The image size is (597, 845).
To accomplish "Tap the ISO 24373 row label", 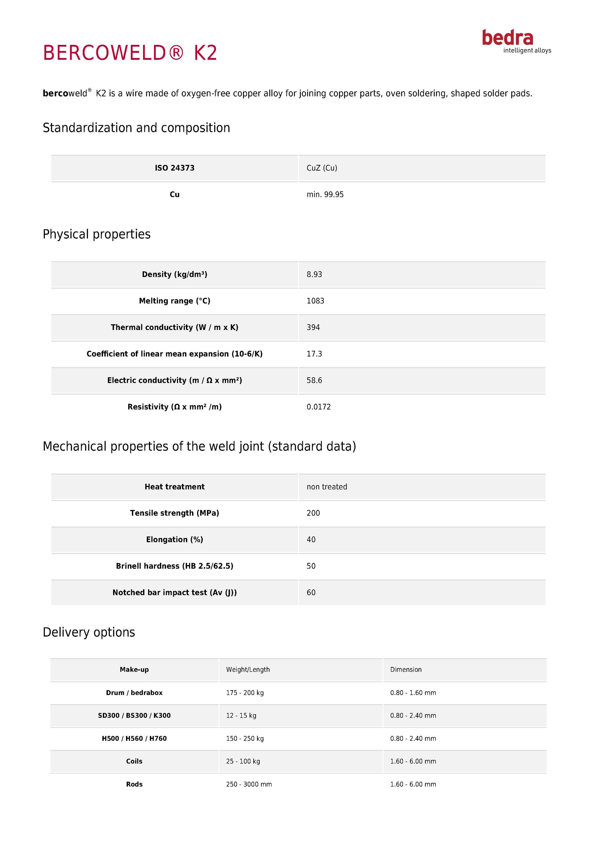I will point(174,168).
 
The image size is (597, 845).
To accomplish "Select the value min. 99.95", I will point(325,194).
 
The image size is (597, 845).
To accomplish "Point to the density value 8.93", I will point(314,274).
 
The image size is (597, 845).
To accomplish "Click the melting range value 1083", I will point(315,301).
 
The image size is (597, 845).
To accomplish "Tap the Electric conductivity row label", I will point(174,380).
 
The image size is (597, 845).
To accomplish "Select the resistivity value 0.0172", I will point(319,407).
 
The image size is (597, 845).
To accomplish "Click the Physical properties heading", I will point(97,234).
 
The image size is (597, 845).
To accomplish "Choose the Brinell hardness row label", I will point(174,566).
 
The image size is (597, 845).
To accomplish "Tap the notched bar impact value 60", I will point(311,593).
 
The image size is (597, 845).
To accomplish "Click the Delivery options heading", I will point(89,632).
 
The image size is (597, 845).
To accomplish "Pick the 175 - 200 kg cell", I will point(245,693).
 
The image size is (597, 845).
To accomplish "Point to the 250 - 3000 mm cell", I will point(249,784).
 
